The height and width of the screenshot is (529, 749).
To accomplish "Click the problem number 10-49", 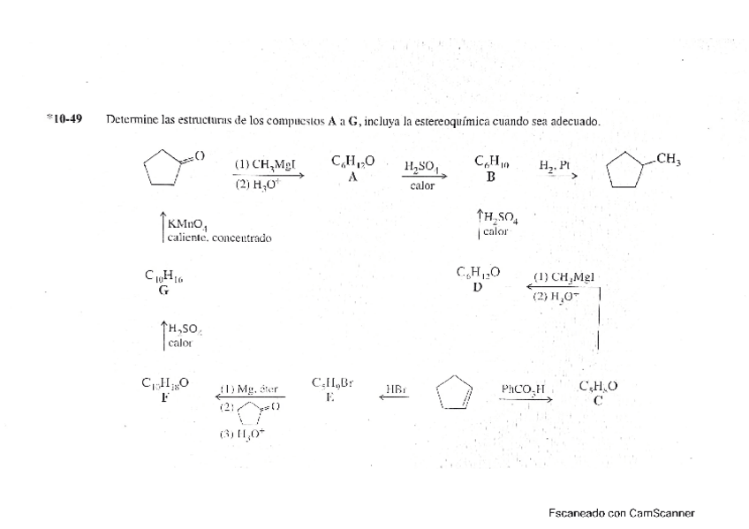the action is [64, 119].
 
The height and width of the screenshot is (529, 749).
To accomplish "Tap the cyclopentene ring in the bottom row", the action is [456, 393].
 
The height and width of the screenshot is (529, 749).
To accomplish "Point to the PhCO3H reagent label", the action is [525, 388].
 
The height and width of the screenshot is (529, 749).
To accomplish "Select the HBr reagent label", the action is [396, 388].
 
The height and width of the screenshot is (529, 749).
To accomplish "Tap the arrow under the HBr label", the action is [394, 398].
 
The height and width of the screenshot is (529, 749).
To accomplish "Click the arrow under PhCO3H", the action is [526, 399].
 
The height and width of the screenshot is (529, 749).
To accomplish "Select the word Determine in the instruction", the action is [131, 120].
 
